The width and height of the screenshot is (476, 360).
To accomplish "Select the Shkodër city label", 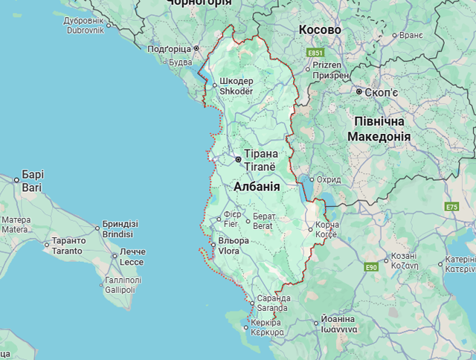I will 237,91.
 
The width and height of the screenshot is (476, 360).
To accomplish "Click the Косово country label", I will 320,30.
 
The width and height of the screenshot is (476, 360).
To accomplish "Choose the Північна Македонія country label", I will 379,129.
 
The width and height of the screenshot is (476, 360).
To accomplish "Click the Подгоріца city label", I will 169,49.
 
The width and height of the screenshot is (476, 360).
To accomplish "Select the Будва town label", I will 181,62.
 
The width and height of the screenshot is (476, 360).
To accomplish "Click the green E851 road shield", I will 315,54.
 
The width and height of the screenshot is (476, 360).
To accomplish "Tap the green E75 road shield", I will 452,206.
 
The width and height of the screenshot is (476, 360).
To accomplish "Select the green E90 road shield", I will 373,267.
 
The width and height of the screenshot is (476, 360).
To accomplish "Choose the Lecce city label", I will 131,262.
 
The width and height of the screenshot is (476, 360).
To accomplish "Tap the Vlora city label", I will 229,251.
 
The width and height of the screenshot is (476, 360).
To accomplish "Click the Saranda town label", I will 273,308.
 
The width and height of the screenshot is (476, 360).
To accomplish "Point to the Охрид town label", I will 328,180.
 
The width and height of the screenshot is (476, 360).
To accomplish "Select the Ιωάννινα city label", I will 338,328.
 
